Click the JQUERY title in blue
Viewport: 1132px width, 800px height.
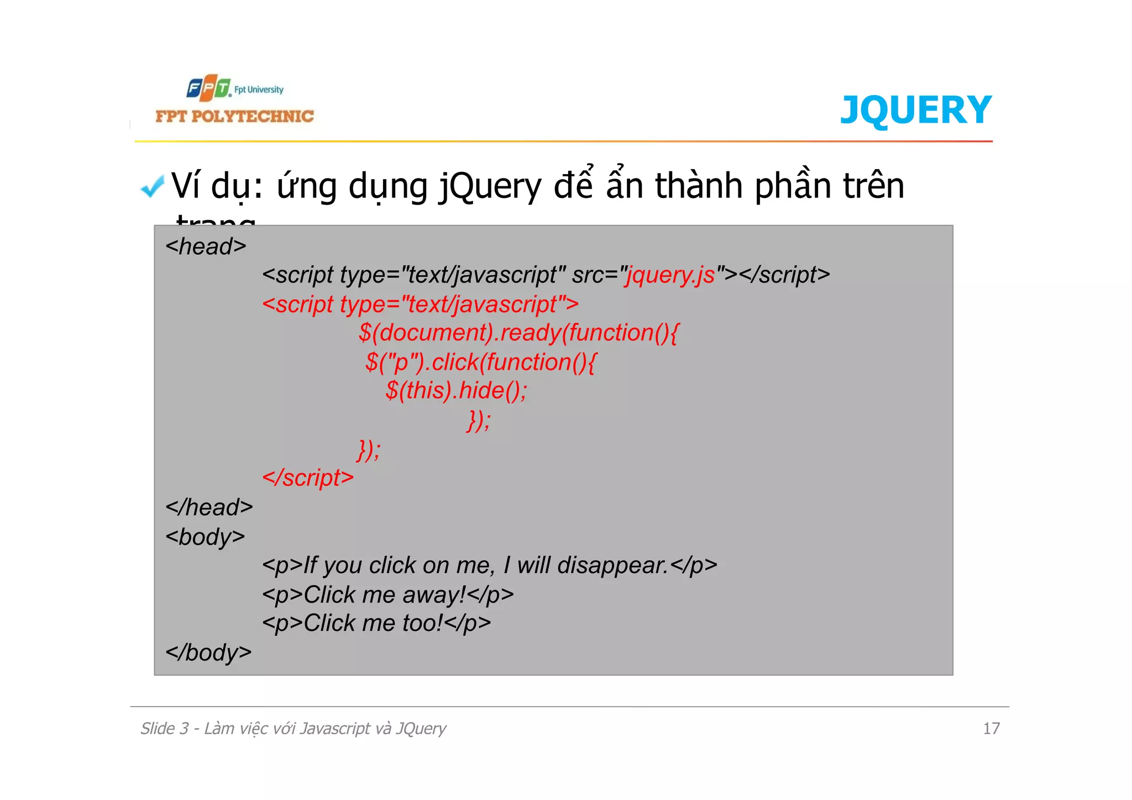[915, 110]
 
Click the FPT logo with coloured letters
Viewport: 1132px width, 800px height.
[208, 88]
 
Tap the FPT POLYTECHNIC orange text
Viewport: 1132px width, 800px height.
[234, 116]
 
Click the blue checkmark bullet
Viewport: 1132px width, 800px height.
[153, 186]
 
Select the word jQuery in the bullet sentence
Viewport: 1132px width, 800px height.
[490, 186]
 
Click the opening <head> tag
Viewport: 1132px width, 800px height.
[206, 247]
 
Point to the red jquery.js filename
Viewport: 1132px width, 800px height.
[670, 275]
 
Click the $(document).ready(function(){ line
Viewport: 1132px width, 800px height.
[518, 333]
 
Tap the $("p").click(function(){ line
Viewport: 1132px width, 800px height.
[481, 362]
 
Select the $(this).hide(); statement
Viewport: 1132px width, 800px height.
[457, 390]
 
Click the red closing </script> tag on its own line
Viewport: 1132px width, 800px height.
[308, 478]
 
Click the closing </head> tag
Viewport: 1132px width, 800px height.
[209, 508]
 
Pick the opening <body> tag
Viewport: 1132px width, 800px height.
[205, 537]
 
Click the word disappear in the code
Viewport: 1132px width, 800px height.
[612, 566]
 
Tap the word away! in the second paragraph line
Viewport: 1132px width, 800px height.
[434, 595]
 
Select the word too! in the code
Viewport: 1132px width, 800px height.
[423, 624]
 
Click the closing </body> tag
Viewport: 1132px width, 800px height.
[208, 653]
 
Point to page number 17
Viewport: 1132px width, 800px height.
[991, 729]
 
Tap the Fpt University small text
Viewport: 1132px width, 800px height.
[259, 90]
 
